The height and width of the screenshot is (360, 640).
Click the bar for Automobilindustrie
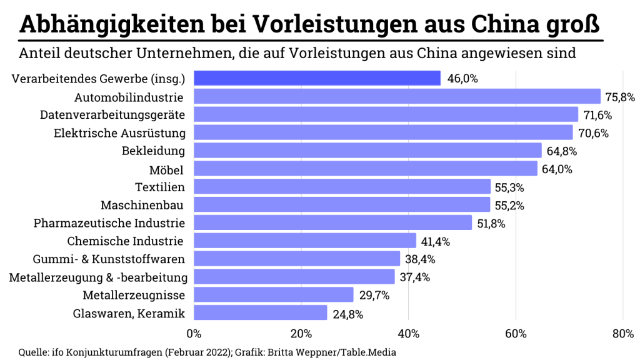click(397, 96)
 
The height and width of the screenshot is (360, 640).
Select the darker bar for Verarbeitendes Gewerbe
click(317, 78)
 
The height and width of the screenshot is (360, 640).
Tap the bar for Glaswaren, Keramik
click(261, 312)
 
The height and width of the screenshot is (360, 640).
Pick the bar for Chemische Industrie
click(305, 241)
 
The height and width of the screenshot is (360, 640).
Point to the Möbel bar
click(366, 169)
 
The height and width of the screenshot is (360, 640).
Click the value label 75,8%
click(620, 97)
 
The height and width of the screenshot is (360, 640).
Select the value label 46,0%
click(461, 79)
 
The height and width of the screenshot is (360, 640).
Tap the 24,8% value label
click(347, 314)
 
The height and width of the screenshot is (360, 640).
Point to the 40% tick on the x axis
click(408, 334)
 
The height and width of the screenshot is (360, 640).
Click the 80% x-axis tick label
click(622, 334)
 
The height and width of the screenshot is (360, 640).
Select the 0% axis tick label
click(194, 334)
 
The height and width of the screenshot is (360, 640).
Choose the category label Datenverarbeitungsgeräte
click(113, 115)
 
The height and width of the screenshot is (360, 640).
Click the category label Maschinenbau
click(143, 205)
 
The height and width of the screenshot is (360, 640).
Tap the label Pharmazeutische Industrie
click(109, 223)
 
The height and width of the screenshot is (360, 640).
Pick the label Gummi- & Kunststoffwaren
click(109, 259)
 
